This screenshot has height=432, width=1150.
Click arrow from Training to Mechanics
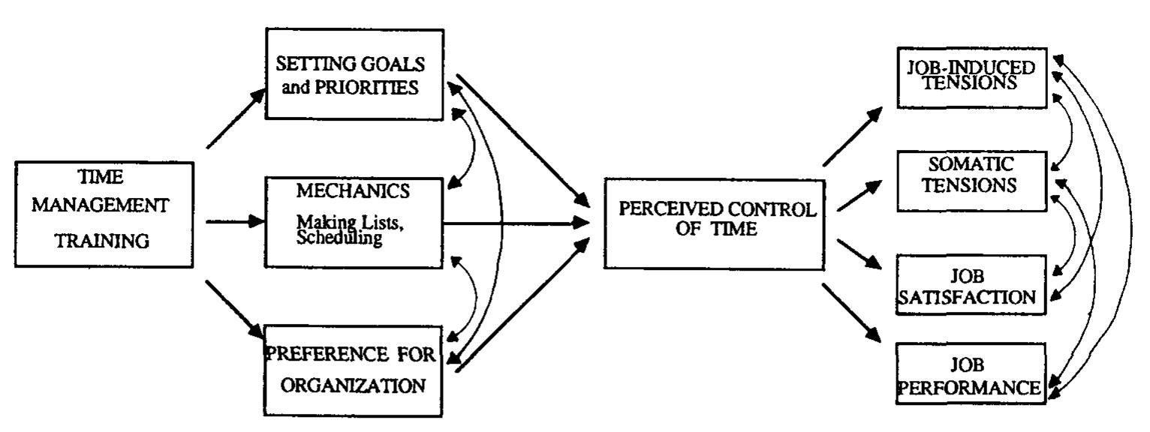235,222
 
